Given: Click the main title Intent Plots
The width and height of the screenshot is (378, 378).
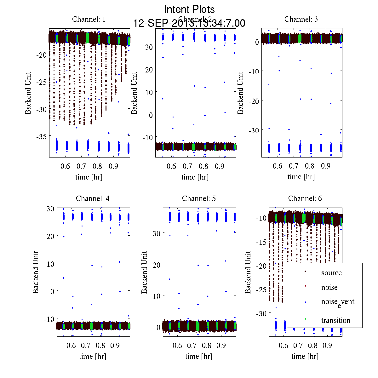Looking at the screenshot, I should point(189,9).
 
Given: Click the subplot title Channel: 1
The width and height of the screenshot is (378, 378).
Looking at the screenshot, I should point(89,19).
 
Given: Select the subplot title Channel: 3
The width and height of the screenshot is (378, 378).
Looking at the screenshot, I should point(301,19).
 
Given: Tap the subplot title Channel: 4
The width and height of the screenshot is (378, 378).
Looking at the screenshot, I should point(93,198).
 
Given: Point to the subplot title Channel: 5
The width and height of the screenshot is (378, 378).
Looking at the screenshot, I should point(199,198).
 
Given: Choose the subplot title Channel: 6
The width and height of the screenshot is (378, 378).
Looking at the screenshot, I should point(305,198).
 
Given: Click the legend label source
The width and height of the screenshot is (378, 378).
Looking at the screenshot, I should point(331,273).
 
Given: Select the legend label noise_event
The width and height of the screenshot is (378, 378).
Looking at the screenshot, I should point(338,302).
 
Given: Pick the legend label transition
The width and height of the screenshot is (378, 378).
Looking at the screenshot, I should point(336,321).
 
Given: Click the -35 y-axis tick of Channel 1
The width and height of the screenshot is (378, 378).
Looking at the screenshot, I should point(41,136).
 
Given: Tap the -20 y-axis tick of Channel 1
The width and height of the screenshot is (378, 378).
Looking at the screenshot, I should point(41,55).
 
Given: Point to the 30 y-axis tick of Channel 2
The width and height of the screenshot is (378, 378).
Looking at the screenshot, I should point(149,47).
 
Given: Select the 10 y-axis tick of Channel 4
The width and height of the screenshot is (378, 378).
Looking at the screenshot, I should point(50,264).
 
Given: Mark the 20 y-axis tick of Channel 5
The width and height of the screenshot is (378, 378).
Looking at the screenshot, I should point(157,265).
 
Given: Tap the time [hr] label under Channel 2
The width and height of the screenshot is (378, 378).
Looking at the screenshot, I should point(195,177).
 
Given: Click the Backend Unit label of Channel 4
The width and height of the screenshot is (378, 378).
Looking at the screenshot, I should point(36,272).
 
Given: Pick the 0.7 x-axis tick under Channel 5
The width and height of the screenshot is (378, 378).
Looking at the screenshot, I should point(192,346).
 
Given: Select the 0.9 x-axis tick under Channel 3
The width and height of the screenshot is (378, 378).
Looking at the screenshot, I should point(326,166).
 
